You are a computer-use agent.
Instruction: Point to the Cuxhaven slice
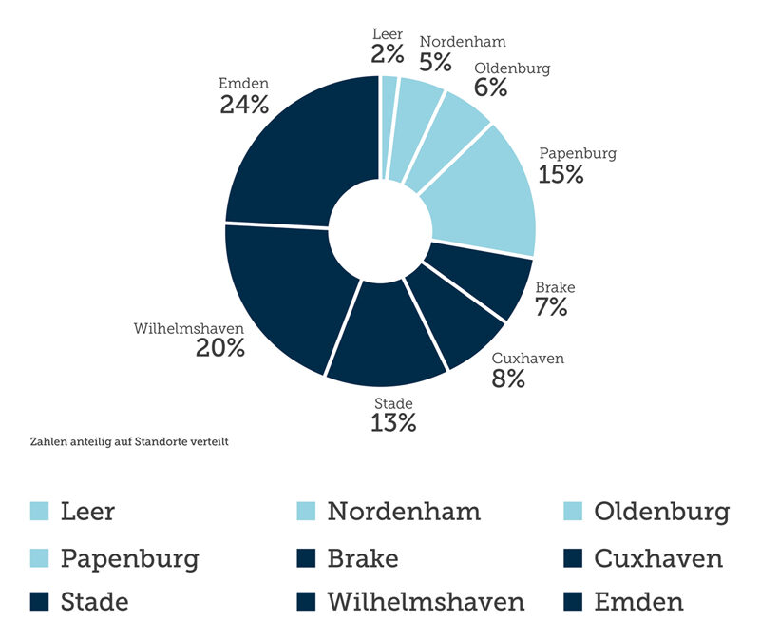coord(456,319)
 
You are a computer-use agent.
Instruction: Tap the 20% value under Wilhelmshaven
coord(220,348)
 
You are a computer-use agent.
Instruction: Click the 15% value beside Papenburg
coord(560,174)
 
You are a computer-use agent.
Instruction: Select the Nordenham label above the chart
coord(463,41)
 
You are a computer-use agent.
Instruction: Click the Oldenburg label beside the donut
coord(512,68)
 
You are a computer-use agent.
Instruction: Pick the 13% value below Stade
coord(393,423)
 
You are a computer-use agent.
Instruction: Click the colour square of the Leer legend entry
coord(39,512)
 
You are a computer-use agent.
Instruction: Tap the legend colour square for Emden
coord(572,602)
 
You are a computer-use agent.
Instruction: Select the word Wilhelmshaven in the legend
coord(426,602)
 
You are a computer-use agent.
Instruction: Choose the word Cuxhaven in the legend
coord(658,558)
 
